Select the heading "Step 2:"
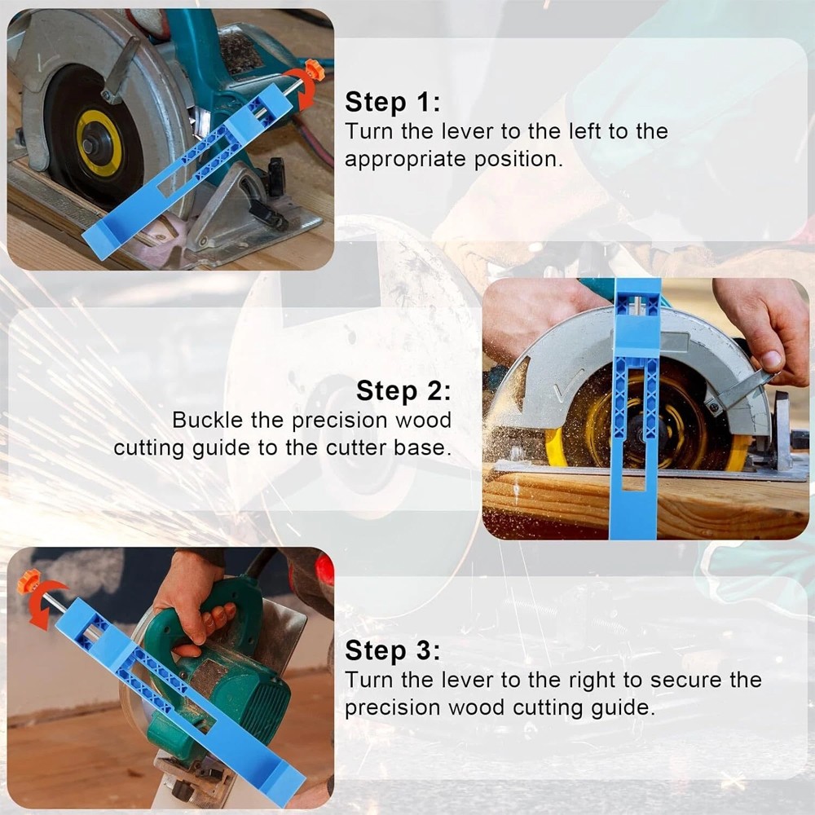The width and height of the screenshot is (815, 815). [x=403, y=390]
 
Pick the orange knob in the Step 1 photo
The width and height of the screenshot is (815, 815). [x=314, y=70]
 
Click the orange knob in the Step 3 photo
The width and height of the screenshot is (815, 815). [x=29, y=581]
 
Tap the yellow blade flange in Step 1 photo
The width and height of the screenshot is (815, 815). [x=99, y=143]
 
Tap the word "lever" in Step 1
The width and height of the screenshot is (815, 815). [x=464, y=131]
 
